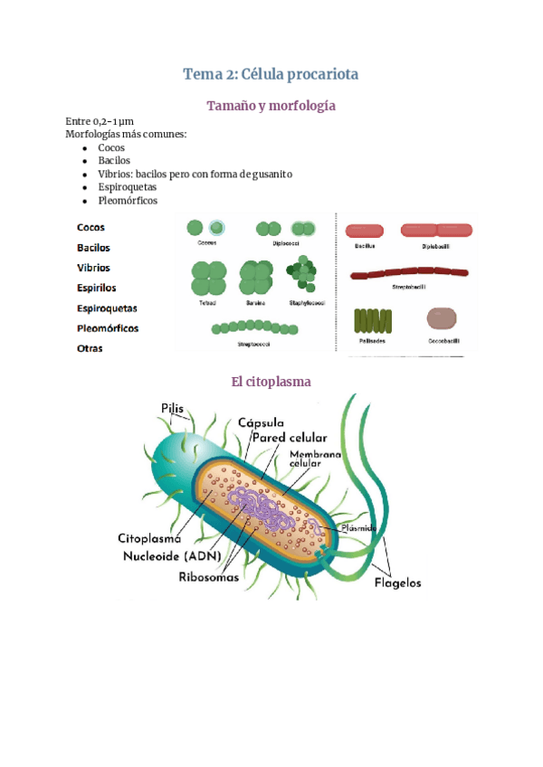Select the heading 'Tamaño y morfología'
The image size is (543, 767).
click(271, 106)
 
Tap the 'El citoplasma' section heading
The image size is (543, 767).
click(271, 382)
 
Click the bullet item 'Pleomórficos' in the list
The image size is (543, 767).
click(128, 200)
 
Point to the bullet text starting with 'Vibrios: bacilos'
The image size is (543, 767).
click(195, 174)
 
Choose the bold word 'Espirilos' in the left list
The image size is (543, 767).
click(97, 288)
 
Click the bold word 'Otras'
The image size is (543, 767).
click(90, 348)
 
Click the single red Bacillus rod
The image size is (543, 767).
click(365, 231)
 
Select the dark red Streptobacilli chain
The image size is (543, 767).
click(409, 271)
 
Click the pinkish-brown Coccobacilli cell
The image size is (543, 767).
click(442, 318)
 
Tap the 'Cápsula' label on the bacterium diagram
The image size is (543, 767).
click(262, 422)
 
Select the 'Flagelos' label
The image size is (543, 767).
click(397, 582)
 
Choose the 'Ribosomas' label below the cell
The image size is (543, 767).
click(209, 575)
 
